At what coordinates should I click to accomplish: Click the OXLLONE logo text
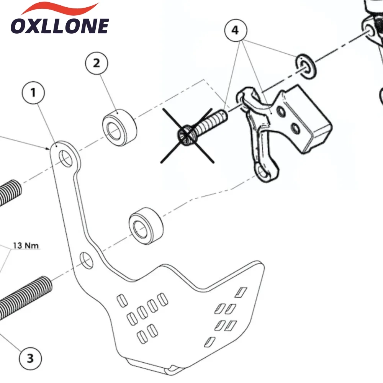[60, 26]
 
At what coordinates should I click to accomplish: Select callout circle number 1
[33, 93]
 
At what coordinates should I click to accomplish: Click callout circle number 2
[97, 63]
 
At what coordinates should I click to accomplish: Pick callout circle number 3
[30, 358]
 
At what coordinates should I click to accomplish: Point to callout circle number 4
[236, 30]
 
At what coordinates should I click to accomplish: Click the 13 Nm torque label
[26, 245]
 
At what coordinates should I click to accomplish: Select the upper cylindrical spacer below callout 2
[119, 128]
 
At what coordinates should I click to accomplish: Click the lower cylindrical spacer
[146, 226]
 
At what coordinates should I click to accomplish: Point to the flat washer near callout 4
[306, 66]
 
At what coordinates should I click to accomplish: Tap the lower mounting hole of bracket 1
[87, 260]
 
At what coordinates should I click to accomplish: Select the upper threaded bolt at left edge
[10, 193]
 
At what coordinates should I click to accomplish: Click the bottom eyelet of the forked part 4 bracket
[264, 173]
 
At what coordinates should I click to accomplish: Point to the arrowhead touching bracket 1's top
[48, 148]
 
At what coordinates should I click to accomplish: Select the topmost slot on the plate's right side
[241, 292]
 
